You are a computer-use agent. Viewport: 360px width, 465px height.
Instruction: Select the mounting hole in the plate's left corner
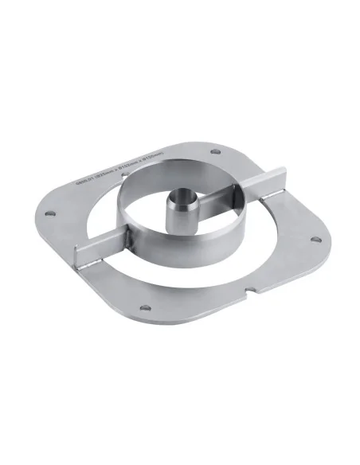coord(50,213)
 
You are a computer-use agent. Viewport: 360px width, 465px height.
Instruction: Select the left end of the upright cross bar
coord(80,259)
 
